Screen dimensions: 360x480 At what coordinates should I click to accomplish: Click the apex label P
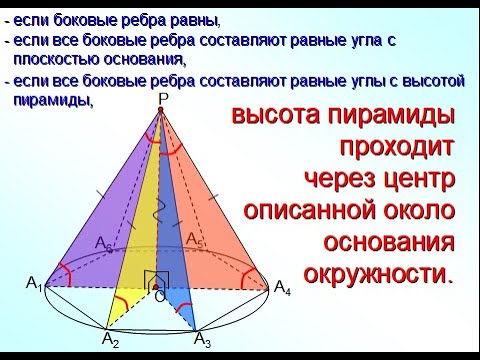point(163,98)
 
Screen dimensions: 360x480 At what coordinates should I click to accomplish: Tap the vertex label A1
point(34,286)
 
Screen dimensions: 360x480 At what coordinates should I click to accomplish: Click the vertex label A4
point(283,287)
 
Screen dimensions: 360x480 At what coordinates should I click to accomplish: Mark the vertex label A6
point(103,243)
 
